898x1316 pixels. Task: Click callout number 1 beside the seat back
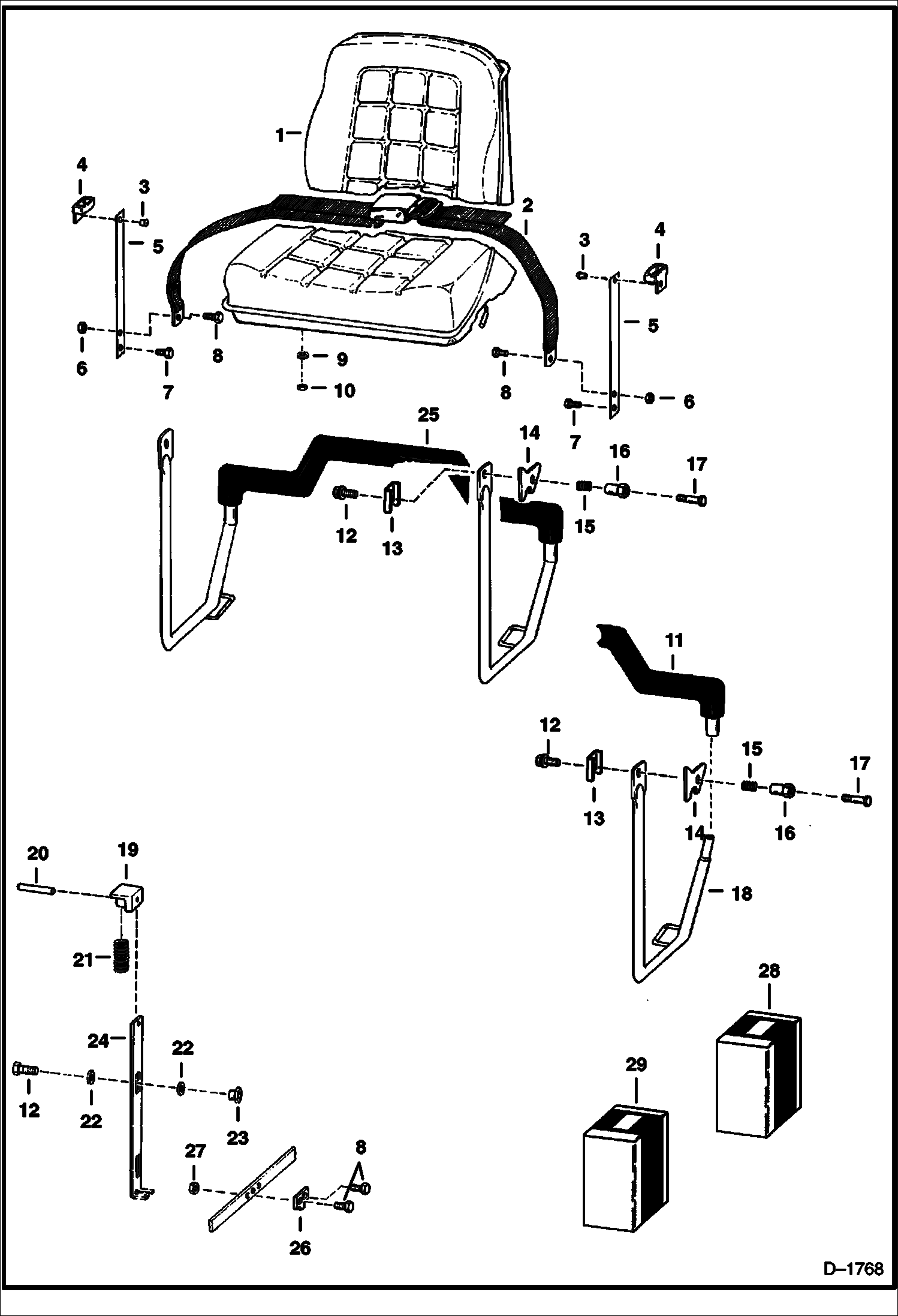tap(279, 136)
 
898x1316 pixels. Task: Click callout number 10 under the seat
tap(344, 390)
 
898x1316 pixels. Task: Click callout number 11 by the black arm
tap(674, 641)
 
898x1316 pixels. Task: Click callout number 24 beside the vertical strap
tap(99, 1041)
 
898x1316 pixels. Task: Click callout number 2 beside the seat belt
tap(527, 206)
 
